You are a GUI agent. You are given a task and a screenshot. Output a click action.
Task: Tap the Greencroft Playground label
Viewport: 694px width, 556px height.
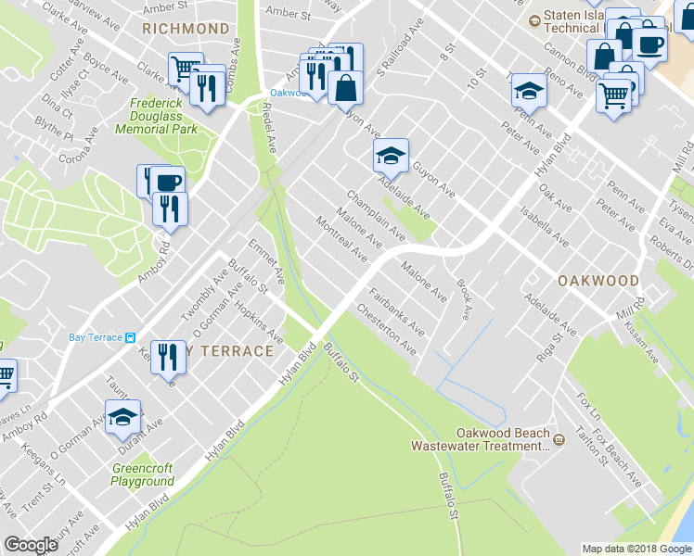pyautogui.click(x=142, y=474)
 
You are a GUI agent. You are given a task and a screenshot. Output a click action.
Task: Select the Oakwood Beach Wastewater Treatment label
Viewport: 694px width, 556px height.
pyautogui.click(x=480, y=439)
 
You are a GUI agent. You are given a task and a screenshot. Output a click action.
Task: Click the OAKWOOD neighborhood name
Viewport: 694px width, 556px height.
pyautogui.click(x=598, y=280)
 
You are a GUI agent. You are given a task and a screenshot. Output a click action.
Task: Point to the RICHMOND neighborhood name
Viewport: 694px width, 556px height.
pyautogui.click(x=186, y=29)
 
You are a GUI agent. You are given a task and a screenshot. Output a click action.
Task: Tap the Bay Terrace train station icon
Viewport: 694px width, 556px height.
pyautogui.click(x=131, y=337)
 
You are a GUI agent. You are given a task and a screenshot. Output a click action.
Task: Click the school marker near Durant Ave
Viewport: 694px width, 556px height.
pyautogui.click(x=122, y=417)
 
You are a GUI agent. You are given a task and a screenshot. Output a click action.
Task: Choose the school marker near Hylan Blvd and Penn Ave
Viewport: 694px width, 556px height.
pyautogui.click(x=529, y=90)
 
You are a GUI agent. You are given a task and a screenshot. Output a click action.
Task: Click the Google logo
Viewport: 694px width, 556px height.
pyautogui.click(x=31, y=545)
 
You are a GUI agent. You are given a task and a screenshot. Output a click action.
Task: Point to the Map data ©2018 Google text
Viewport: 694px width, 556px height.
pyautogui.click(x=636, y=549)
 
